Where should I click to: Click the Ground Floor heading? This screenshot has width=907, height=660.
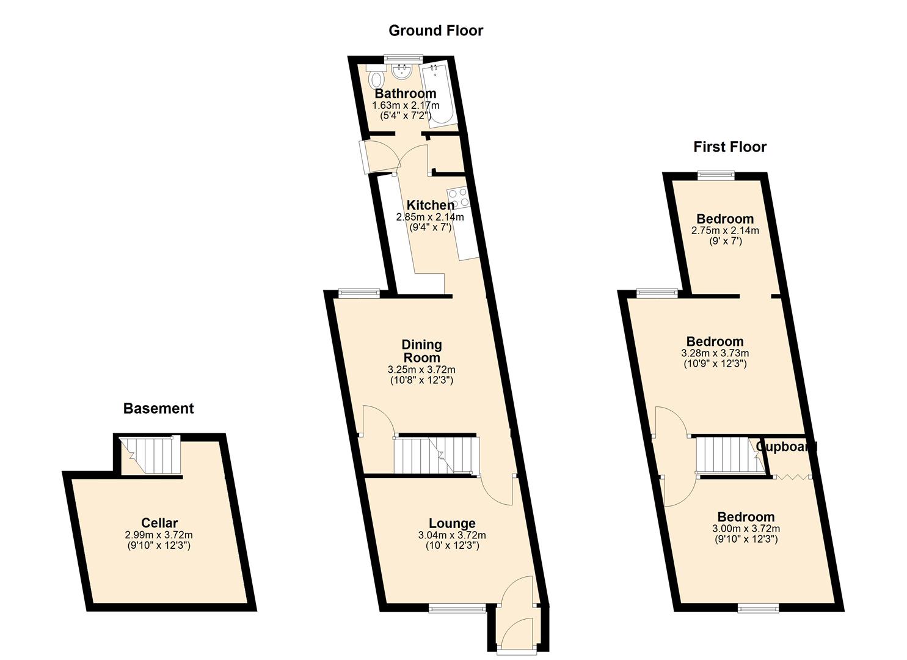coord(435,31)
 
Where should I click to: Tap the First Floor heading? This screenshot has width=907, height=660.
coord(730,147)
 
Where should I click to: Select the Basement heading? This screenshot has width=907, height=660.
coord(158,408)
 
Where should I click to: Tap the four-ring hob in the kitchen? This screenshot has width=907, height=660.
coord(458,198)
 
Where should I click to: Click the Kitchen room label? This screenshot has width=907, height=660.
coord(430,205)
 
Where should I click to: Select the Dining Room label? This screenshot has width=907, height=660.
coord(421,351)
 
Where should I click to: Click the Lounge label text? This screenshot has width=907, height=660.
coord(452,523)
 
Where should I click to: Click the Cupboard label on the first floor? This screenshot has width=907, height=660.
coord(786,447)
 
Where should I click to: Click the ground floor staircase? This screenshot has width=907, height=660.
coord(437,455)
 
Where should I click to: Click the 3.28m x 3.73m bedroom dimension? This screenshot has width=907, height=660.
coord(715,353)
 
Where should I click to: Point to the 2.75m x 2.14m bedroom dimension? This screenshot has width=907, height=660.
coord(725,230)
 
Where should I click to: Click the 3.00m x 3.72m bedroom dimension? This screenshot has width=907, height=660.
coord(746,529)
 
